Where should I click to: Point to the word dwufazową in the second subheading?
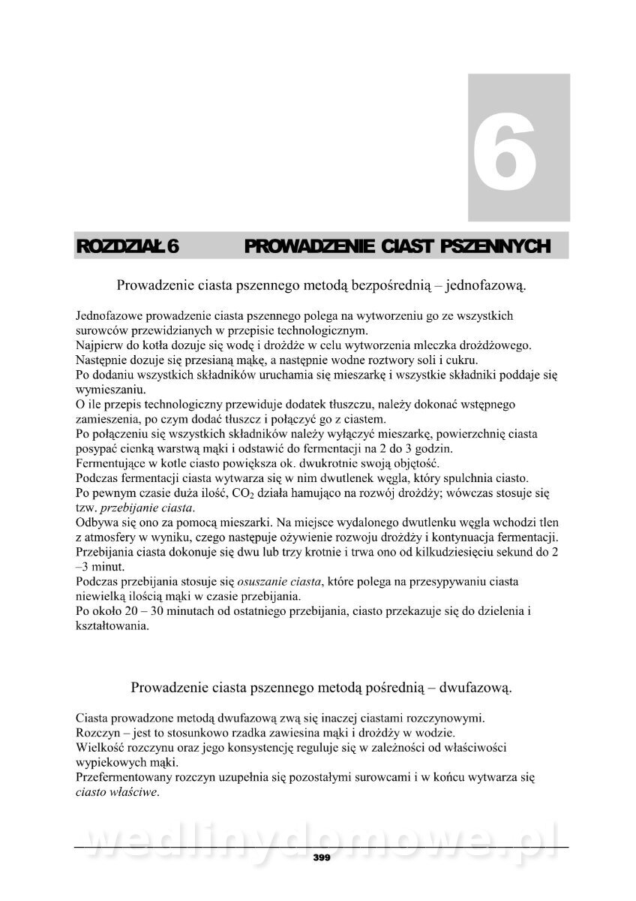pyautogui.click(x=475, y=687)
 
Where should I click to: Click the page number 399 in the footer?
pyautogui.click(x=322, y=857)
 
